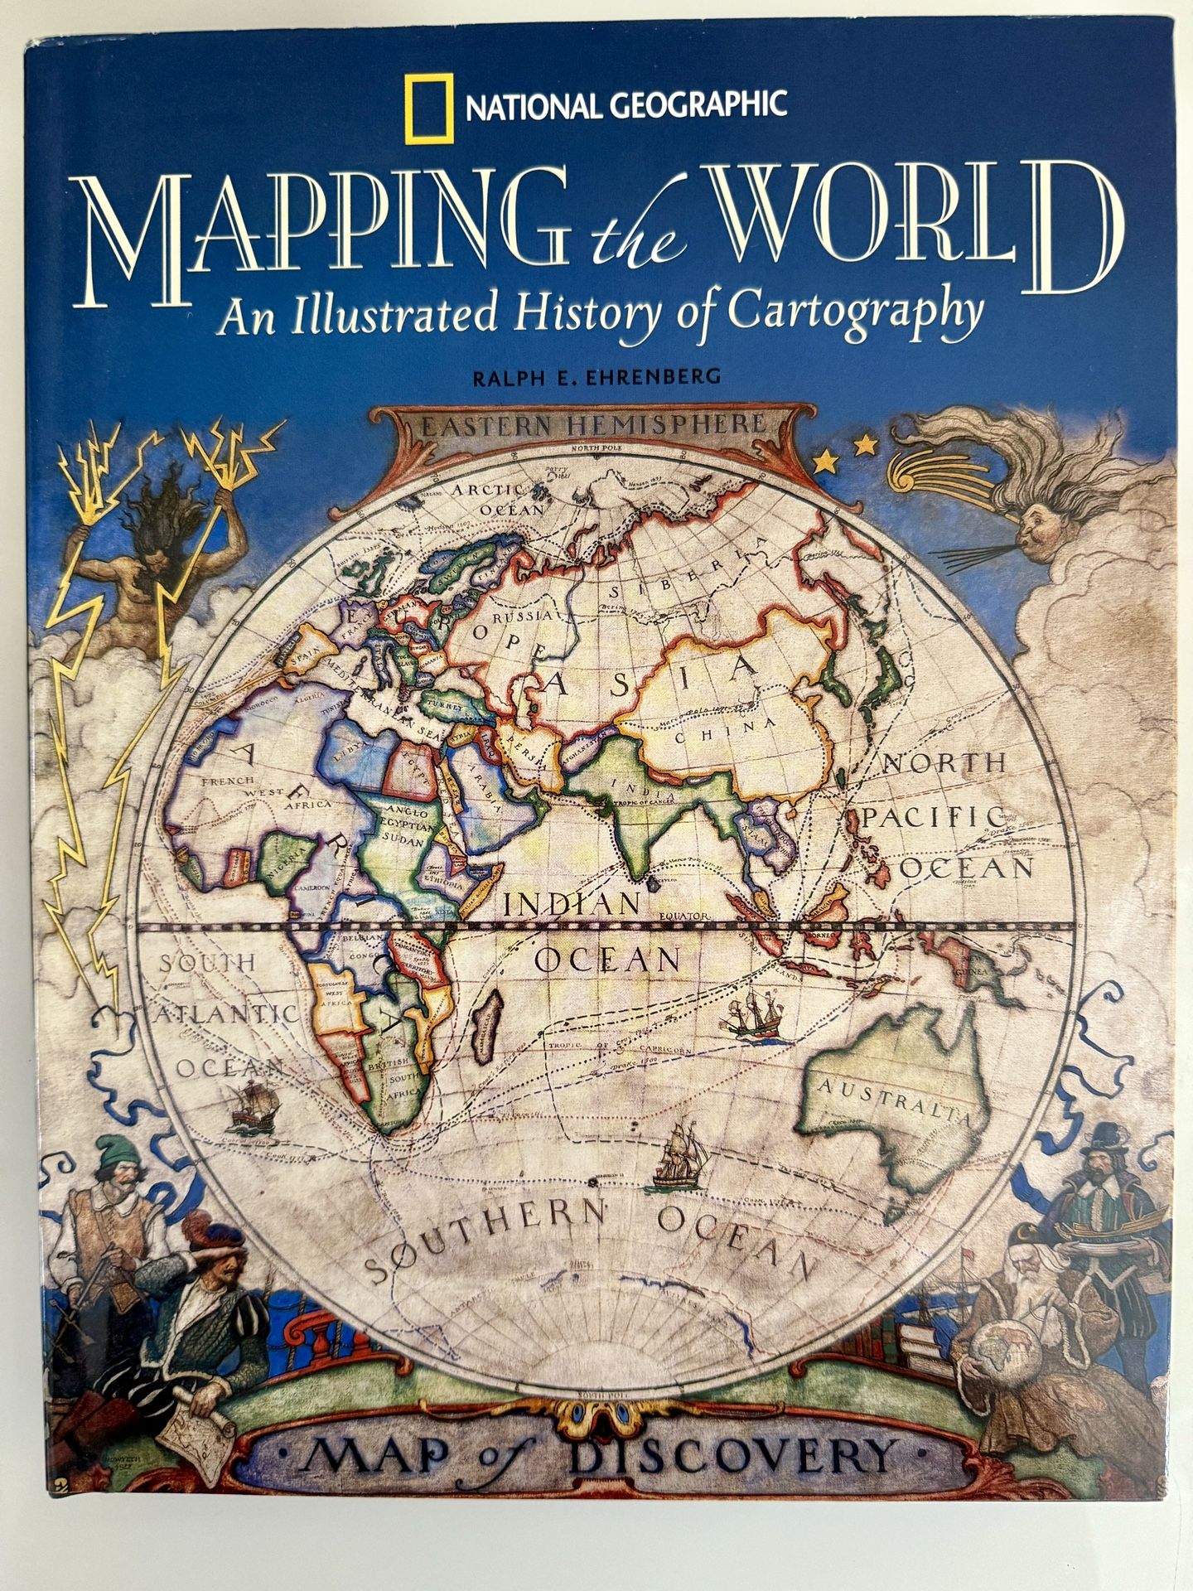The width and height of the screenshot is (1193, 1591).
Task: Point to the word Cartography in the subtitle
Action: click(855, 312)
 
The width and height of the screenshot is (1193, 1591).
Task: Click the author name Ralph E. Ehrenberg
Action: click(596, 377)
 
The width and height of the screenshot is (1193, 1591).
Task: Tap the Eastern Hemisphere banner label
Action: click(592, 426)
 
